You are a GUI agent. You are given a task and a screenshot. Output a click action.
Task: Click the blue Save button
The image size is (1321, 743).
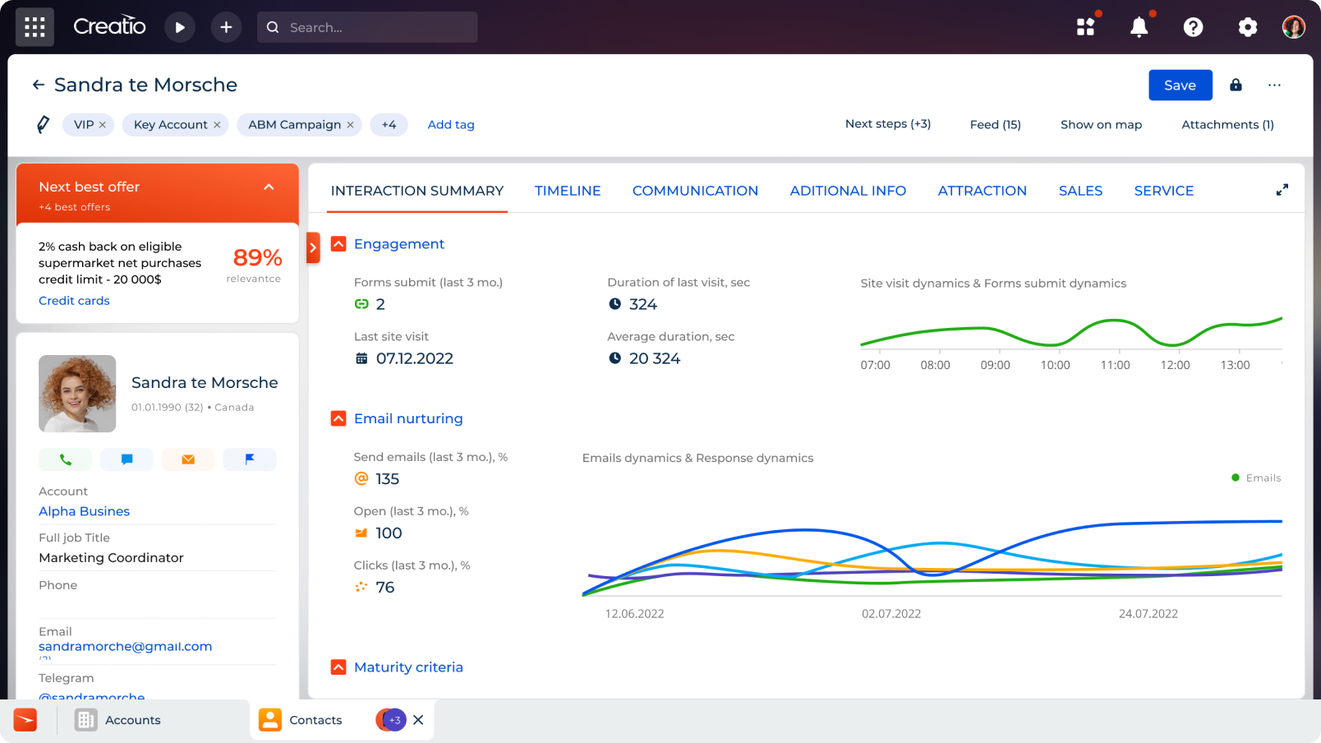pyautogui.click(x=1180, y=85)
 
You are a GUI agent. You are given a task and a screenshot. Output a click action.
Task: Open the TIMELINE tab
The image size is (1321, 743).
pyautogui.click(x=568, y=191)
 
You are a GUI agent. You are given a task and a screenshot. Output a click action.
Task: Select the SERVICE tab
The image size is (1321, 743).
pyautogui.click(x=1163, y=191)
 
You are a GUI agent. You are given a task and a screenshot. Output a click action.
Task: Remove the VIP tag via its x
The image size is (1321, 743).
pyautogui.click(x=103, y=125)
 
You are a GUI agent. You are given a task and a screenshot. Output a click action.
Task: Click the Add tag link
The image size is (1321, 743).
pyautogui.click(x=451, y=125)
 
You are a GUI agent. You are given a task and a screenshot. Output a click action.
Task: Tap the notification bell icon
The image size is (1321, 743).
pyautogui.click(x=1139, y=28)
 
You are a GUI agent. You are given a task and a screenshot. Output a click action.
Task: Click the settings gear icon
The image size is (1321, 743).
pyautogui.click(x=1247, y=28)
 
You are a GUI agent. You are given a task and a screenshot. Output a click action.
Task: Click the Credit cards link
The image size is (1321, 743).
pyautogui.click(x=74, y=301)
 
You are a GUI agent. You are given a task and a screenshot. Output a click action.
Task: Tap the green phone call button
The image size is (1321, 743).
pyautogui.click(x=65, y=459)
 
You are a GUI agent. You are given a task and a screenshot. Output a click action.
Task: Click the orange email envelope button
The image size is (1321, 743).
pyautogui.click(x=188, y=459)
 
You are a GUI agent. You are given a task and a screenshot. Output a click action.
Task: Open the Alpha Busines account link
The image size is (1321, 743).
pyautogui.click(x=84, y=511)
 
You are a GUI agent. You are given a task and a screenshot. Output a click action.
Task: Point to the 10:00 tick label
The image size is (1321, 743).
pyautogui.click(x=1055, y=365)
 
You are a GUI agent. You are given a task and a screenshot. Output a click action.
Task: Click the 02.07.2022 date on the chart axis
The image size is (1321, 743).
pyautogui.click(x=891, y=614)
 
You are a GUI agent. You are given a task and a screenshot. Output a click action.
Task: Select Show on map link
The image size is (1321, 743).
pyautogui.click(x=1101, y=125)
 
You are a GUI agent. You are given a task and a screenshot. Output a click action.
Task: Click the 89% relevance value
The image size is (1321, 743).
pyautogui.click(x=257, y=258)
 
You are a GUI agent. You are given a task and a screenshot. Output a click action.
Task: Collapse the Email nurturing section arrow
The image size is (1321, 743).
pyautogui.click(x=338, y=418)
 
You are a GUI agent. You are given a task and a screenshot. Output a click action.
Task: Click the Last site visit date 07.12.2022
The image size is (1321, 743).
pyautogui.click(x=414, y=358)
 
